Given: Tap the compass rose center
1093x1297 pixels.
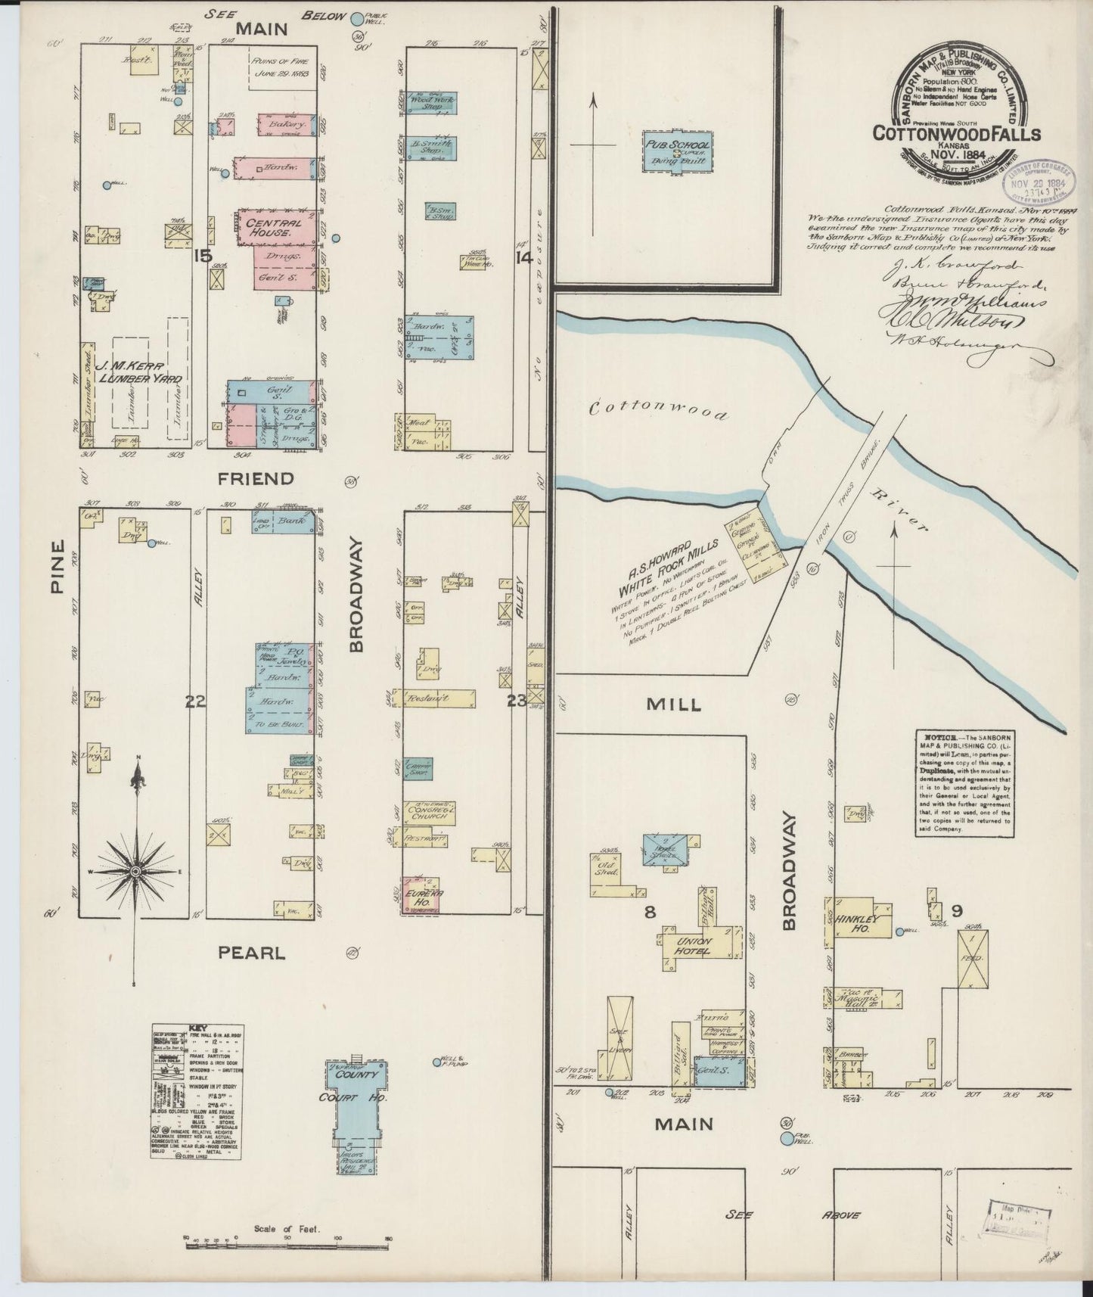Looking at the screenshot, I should (x=136, y=872).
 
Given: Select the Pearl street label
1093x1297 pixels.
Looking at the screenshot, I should (x=251, y=953).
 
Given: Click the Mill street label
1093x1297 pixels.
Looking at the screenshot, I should (x=673, y=704).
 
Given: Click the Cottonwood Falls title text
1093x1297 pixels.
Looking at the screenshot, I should (x=956, y=133).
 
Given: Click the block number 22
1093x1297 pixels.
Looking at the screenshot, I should (x=195, y=701).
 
